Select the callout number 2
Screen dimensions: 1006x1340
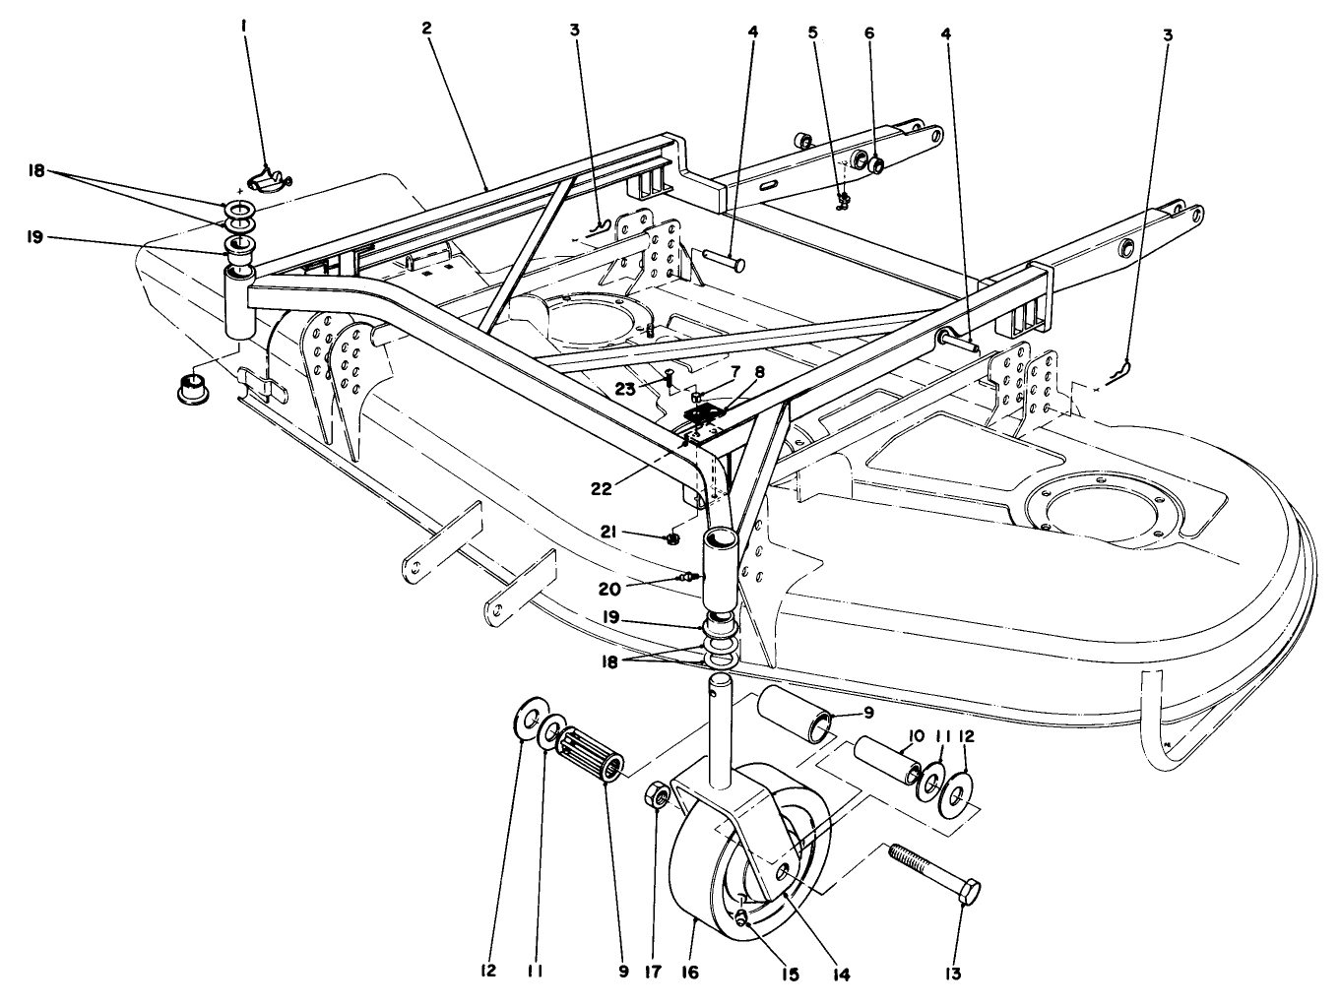pos(426,29)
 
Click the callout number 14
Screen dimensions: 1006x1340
pos(838,975)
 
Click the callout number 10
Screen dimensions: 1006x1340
pos(915,736)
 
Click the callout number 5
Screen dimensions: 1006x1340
pos(812,31)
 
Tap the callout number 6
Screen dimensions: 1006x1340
pos(869,31)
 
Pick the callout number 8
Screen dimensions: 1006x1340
pos(758,371)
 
